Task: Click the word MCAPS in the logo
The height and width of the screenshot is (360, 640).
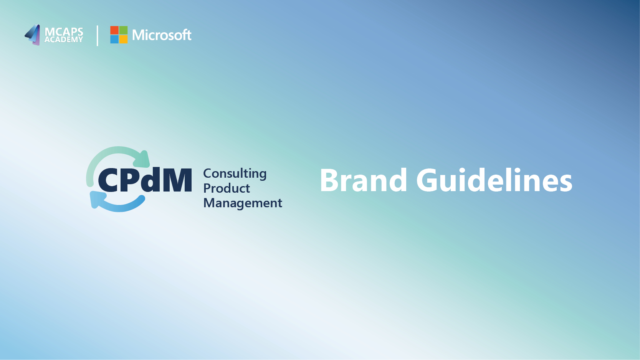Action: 64,31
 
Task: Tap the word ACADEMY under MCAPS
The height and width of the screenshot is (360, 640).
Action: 64,40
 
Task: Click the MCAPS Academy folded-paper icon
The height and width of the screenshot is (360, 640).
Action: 32,35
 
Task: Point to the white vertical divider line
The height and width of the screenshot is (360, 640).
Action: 98,36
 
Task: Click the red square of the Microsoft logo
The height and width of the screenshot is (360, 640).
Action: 114,30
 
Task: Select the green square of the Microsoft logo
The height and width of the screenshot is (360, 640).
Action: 123,30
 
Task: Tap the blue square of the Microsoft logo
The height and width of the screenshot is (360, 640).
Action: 114,40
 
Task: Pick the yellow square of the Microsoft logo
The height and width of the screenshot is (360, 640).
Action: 123,40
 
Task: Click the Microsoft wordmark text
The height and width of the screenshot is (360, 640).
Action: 162,35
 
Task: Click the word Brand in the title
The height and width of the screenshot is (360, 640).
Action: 363,180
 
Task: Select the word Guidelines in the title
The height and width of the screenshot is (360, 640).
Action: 494,180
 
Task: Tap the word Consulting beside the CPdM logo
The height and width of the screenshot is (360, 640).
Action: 235,174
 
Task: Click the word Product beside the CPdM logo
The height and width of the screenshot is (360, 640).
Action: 227,188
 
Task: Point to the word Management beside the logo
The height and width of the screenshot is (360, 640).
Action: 243,203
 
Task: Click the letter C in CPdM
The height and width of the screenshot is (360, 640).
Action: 108,180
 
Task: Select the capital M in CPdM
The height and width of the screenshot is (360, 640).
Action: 178,180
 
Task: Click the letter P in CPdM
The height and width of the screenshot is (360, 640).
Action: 130,180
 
